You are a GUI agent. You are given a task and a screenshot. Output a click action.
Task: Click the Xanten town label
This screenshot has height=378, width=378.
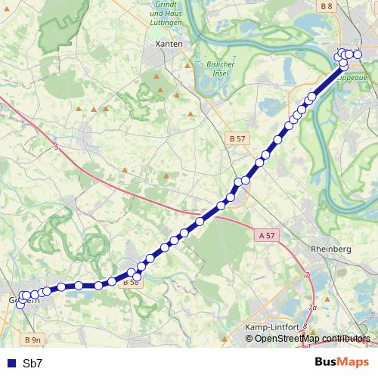click(x=168, y=45)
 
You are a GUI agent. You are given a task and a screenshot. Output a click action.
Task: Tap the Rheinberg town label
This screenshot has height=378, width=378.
click(x=331, y=249)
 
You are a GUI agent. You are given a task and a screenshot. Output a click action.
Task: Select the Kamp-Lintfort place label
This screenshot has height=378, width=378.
click(x=271, y=326)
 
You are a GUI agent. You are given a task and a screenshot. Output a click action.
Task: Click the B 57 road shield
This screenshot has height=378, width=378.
click(x=237, y=139)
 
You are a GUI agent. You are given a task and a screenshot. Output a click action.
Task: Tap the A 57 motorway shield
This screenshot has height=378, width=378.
click(x=267, y=236)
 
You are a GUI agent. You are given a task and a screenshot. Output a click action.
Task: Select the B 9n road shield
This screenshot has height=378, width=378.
click(x=31, y=339)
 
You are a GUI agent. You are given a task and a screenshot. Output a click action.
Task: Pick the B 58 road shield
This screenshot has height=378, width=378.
click(x=130, y=283)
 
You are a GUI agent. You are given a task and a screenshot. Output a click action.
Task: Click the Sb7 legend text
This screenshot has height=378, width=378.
click(x=33, y=364)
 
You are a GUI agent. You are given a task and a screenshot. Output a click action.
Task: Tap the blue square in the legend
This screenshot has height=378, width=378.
click(x=11, y=364)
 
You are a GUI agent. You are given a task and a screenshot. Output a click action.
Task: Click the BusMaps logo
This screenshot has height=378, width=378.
click(x=342, y=362)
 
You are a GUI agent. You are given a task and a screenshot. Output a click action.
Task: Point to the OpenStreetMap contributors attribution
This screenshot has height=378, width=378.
click(x=312, y=338)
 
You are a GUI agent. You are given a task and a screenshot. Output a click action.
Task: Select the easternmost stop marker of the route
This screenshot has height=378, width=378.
click(x=358, y=54)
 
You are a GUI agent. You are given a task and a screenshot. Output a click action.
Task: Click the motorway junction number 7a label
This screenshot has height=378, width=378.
click(x=313, y=308)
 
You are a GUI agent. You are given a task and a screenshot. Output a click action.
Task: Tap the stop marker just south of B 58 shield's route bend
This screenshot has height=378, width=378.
click(x=137, y=277)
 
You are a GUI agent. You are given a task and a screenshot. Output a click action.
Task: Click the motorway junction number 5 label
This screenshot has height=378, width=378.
click(x=56, y=147)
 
